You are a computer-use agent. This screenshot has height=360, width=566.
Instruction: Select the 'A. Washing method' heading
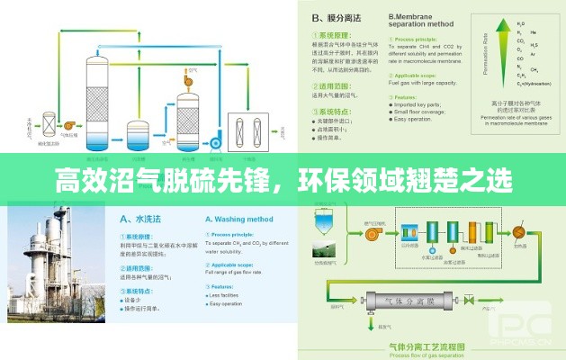[239, 219]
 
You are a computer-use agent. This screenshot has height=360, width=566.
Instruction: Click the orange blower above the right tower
[189, 79]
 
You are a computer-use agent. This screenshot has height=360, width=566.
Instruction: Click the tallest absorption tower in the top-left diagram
[94, 99]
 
